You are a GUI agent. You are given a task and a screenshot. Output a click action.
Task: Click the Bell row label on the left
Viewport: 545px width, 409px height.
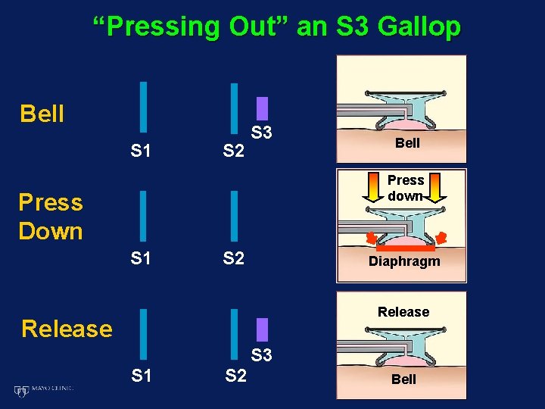click(42, 114)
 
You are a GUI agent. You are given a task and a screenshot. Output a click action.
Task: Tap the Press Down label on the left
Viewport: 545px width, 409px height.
click(51, 217)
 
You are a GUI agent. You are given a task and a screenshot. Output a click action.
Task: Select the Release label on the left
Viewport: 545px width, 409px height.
click(67, 329)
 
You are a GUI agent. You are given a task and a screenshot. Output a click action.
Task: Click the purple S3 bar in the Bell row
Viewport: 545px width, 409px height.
click(262, 108)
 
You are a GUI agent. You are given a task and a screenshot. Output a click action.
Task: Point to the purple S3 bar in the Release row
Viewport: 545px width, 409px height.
click(262, 329)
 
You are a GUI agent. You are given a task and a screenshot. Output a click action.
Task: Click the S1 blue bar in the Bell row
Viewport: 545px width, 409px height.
click(142, 107)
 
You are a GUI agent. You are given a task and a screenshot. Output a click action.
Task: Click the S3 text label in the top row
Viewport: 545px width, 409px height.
click(262, 133)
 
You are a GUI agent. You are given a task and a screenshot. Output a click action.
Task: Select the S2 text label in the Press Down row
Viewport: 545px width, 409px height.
click(234, 259)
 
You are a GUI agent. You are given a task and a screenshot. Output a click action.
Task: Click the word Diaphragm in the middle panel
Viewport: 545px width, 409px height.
click(404, 262)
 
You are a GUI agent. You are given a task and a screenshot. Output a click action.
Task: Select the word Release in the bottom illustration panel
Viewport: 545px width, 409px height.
click(403, 312)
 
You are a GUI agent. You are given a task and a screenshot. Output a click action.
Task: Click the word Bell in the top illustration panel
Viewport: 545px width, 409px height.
click(407, 143)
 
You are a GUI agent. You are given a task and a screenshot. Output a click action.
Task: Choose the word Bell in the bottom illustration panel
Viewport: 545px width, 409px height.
click(403, 379)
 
